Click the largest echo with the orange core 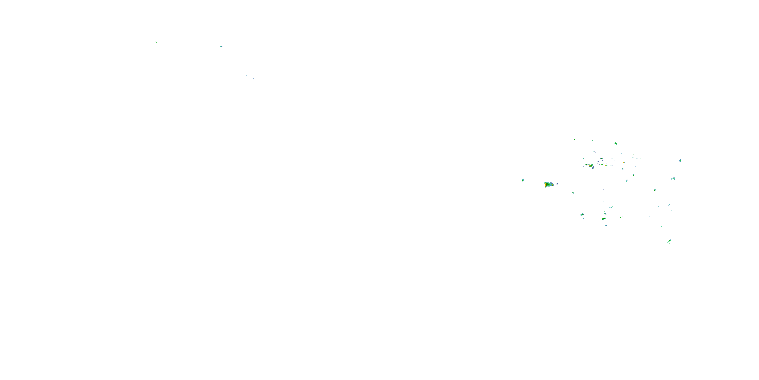(x=548, y=185)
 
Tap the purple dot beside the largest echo (x=557, y=184)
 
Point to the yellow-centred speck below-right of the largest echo (x=573, y=193)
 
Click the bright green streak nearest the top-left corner (x=156, y=42)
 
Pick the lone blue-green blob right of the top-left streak (x=221, y=46)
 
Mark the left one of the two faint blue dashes (x=246, y=76)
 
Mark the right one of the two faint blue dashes (x=253, y=79)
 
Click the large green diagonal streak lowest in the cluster (x=669, y=241)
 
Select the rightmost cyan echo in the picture (x=680, y=161)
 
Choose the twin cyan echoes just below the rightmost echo (x=673, y=179)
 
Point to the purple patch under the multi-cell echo (x=593, y=168)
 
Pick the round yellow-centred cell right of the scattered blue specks (x=623, y=162)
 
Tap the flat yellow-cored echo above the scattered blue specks (x=601, y=158)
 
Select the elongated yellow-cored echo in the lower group (x=604, y=219)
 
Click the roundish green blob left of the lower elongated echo (x=582, y=215)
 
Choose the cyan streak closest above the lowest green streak (x=662, y=226)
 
